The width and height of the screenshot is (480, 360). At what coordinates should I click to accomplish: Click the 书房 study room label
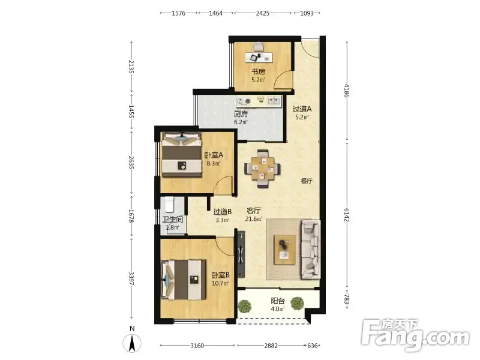coord(258,71)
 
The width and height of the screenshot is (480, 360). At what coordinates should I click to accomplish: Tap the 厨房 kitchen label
coord(241,114)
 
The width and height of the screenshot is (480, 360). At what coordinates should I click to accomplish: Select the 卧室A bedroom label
coord(214,155)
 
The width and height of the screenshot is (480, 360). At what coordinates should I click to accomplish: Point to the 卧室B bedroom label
coord(220,275)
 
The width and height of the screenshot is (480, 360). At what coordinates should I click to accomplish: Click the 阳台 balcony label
coord(278,301)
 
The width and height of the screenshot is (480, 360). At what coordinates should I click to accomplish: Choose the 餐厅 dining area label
coord(307,181)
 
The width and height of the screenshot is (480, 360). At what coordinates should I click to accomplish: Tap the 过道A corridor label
coord(302,109)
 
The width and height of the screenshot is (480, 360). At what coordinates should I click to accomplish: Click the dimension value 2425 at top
coord(263,13)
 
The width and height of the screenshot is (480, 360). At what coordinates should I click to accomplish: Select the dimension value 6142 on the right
coord(347,215)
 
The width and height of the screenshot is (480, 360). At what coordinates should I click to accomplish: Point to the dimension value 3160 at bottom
coord(197,346)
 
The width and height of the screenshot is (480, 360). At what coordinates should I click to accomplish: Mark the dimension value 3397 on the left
coord(131,278)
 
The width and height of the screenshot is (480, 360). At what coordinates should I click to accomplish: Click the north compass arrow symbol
coord(132,343)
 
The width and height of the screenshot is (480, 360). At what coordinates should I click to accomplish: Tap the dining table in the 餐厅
coord(262,169)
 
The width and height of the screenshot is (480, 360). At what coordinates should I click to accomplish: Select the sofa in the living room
coord(311,249)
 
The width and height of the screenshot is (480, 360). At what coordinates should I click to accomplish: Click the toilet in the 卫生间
coord(169,204)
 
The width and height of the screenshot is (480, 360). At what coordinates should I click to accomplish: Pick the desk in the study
coord(259,57)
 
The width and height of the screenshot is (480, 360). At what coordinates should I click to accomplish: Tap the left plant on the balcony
coord(244,306)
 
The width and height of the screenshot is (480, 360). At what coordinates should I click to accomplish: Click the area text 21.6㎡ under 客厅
coord(254,219)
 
